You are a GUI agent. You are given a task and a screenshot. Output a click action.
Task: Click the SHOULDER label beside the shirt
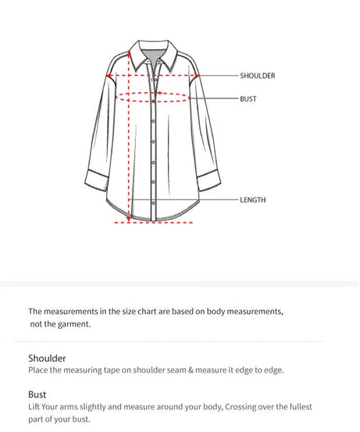tap(258, 76)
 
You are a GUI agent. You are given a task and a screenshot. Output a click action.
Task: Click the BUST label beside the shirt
tap(248, 99)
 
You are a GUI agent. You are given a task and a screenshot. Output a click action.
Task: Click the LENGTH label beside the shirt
tap(253, 200)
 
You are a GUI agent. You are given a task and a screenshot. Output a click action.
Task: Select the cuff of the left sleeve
tap(96, 184)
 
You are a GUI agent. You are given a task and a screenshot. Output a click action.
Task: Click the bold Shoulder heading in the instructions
tap(47, 358)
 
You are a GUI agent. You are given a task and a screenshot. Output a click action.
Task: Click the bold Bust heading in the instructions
tap(37, 395)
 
